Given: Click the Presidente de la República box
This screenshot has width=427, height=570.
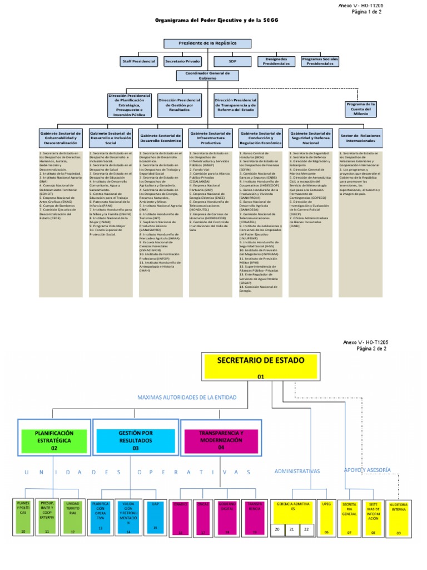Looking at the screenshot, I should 207,43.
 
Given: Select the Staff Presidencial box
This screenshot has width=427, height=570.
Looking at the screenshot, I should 138,61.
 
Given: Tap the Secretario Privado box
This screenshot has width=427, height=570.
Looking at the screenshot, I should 183,61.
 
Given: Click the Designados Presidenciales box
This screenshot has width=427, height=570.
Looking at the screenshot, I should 276,61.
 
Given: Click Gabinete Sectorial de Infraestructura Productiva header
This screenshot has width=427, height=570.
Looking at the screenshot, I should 210,137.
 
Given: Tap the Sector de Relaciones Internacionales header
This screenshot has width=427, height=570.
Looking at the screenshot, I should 361,137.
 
